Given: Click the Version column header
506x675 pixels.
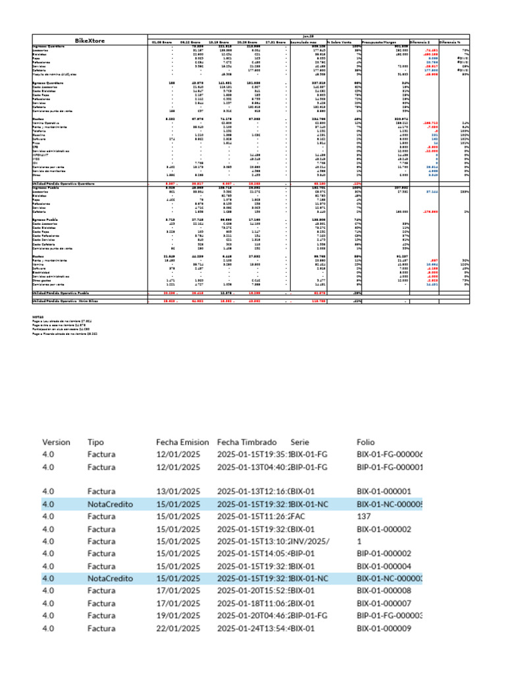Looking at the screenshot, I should tap(56, 442).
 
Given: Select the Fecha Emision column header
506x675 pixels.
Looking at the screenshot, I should tap(183, 442).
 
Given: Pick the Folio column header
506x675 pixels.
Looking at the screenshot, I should tap(366, 442).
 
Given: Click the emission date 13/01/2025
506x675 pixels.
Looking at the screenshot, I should tap(178, 491).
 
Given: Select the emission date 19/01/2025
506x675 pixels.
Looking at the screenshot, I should tap(178, 615).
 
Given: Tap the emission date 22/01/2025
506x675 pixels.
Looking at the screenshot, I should tap(178, 629).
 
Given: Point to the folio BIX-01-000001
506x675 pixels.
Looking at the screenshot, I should tap(383, 491).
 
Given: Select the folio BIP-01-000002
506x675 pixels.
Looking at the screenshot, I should tap(383, 553).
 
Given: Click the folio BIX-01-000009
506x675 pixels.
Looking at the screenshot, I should tap(383, 629).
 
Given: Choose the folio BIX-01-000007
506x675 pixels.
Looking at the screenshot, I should tap(383, 604).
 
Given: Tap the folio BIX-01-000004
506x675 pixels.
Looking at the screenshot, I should tap(383, 566).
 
